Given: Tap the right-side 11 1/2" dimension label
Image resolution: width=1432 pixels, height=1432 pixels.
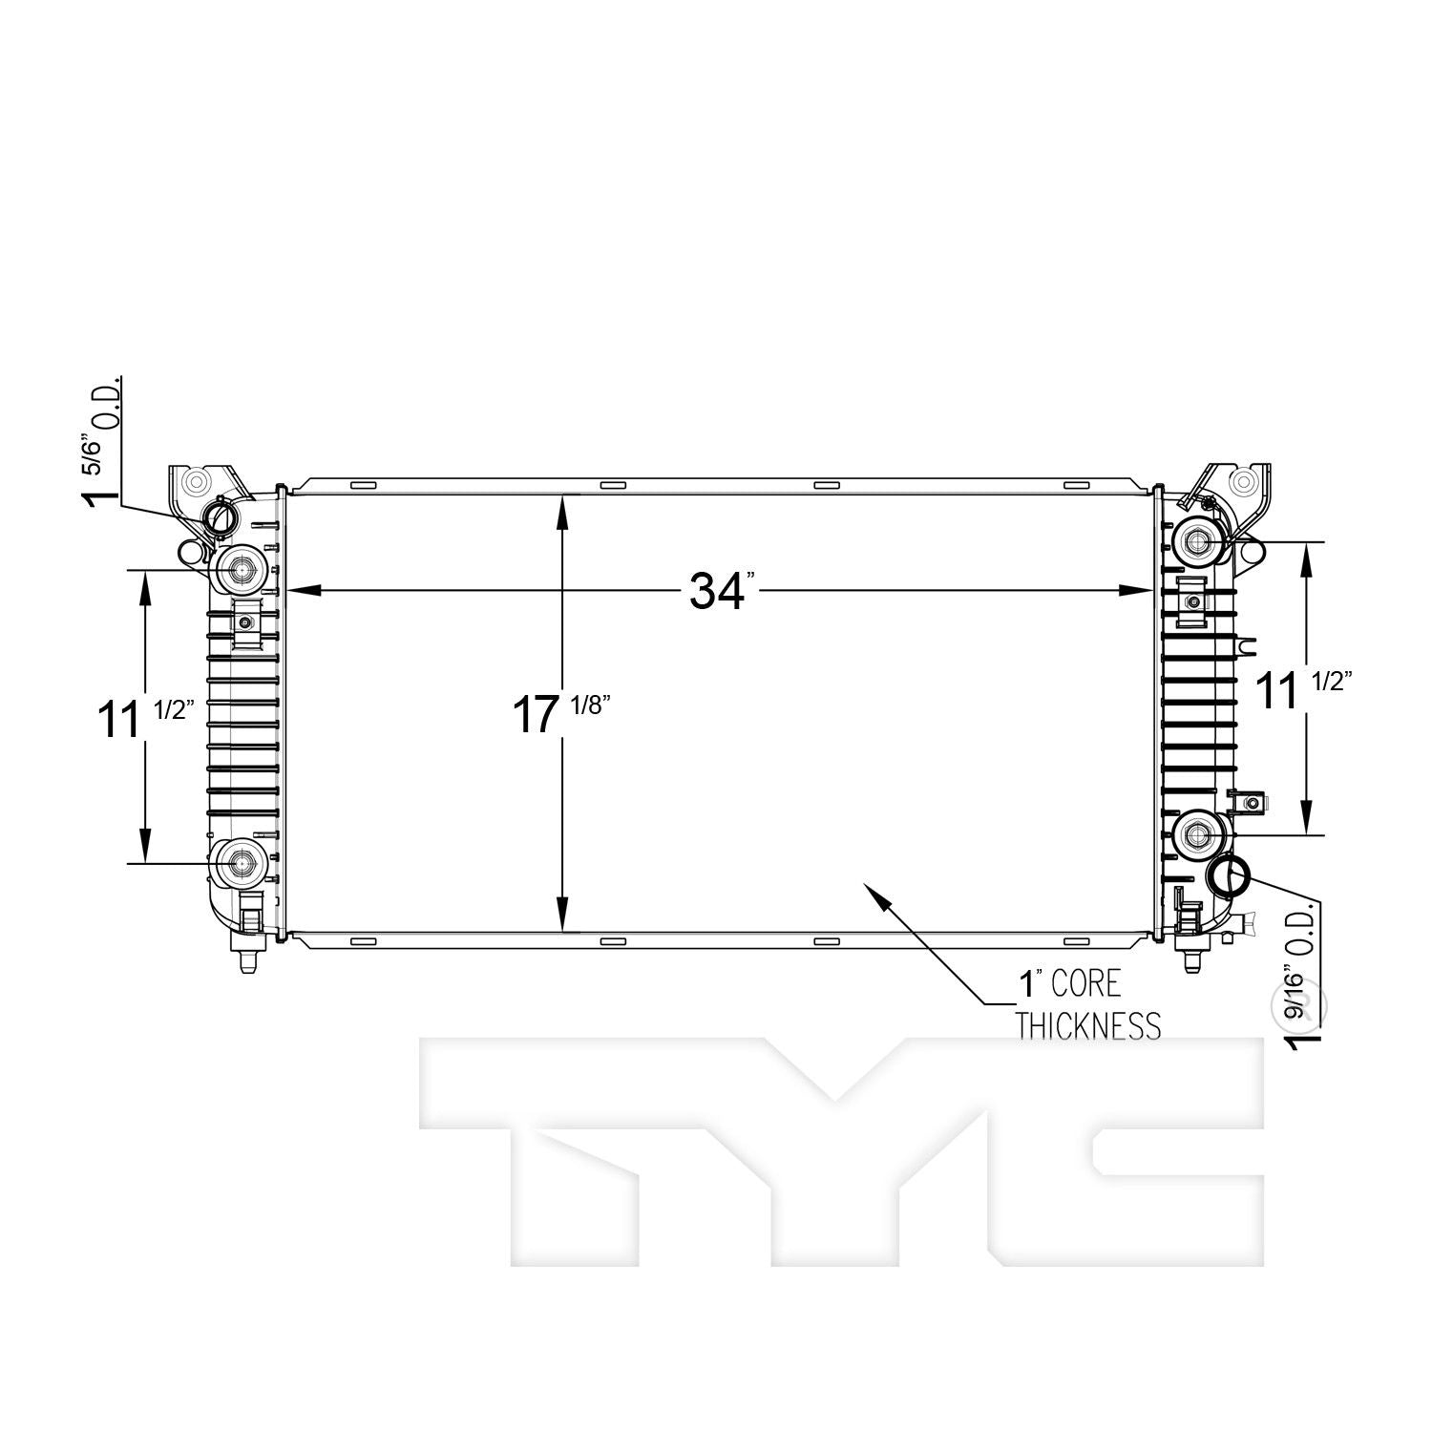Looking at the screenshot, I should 1303,689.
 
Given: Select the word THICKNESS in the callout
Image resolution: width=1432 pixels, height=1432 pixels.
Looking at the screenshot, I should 1088,1026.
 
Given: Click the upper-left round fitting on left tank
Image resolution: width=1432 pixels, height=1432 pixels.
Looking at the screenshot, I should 237,571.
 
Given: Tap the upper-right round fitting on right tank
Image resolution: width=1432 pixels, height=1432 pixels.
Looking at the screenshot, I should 1197,541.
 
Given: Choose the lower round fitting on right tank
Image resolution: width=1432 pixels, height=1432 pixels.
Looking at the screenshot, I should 1197,835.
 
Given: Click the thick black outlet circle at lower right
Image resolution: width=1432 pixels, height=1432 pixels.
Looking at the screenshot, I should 1229,873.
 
